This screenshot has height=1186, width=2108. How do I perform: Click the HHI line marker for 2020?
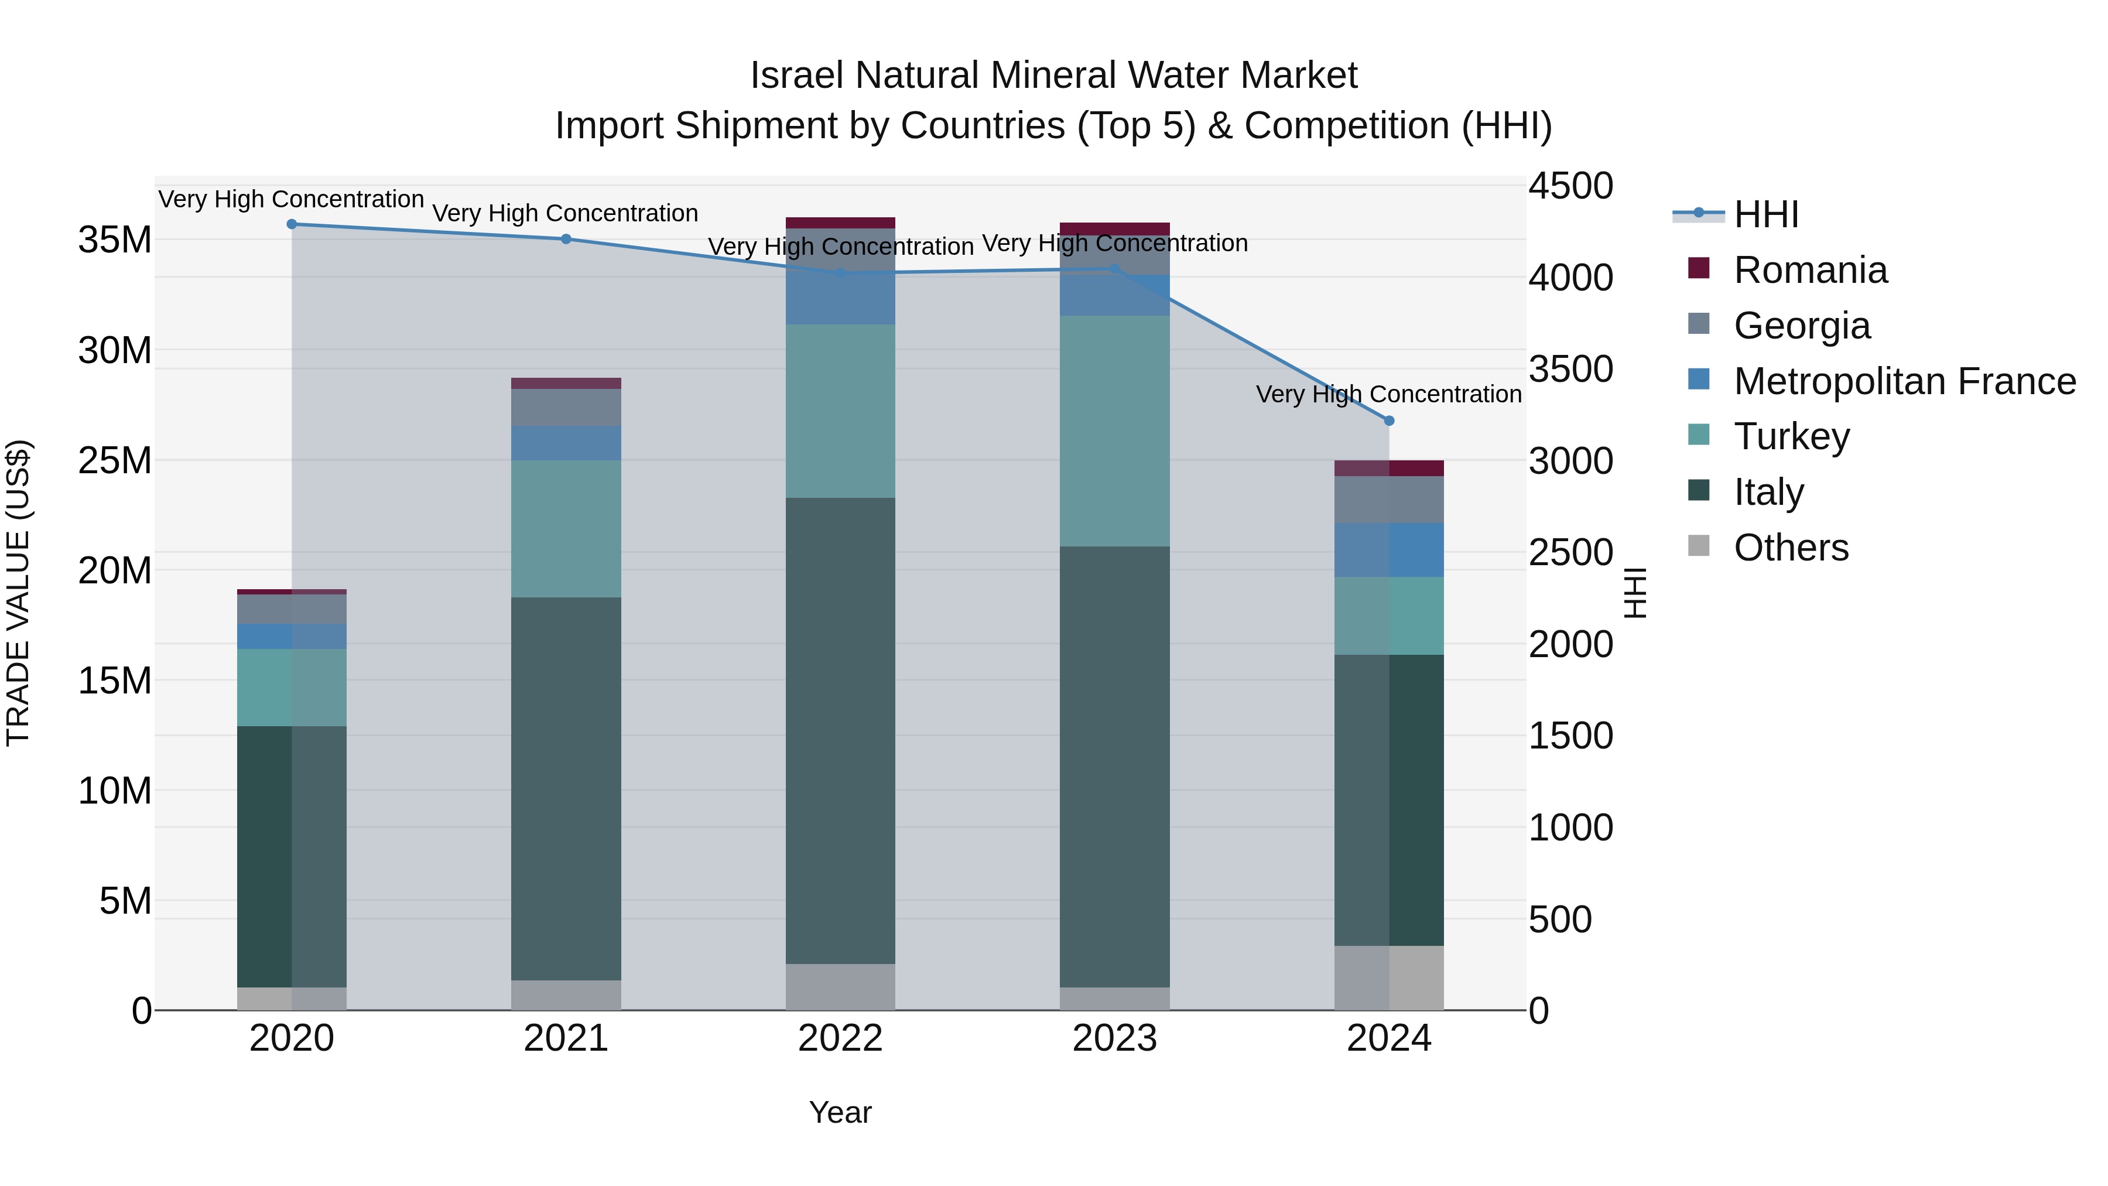pos(292,224)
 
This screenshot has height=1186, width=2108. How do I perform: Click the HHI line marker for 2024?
pos(1389,421)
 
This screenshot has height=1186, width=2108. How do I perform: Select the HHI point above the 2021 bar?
pos(566,239)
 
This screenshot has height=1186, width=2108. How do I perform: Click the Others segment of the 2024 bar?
pos(1389,977)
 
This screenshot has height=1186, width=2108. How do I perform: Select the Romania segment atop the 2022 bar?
pos(840,223)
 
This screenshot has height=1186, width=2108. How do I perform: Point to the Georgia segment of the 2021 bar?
pos(566,407)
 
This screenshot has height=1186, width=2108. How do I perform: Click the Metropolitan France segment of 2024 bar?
pos(1389,549)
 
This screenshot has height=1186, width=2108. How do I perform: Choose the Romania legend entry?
pos(1810,270)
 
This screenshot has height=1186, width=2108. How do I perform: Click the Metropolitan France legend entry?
pos(1904,381)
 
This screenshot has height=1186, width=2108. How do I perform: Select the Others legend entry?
pos(1791,548)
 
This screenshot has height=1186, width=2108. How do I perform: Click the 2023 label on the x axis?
pos(1114,1038)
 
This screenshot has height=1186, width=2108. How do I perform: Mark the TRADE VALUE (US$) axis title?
pos(18,593)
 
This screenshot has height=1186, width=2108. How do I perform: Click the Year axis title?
pos(840,1112)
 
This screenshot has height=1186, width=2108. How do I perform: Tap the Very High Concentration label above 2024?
pos(1389,395)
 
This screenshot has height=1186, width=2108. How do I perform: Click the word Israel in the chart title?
pos(796,76)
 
